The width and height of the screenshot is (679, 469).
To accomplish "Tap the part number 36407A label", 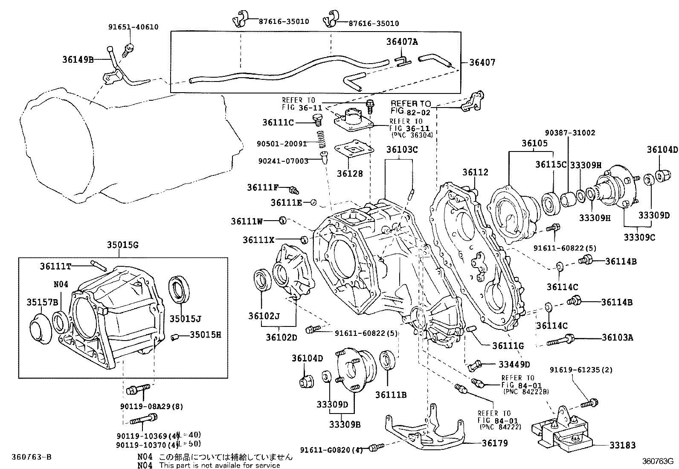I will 402,42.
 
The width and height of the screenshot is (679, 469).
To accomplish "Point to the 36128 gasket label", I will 350,174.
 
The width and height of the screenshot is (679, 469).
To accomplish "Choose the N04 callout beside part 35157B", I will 61,284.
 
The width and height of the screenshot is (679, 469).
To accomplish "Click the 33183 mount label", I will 622,446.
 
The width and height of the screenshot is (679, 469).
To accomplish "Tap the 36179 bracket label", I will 495,443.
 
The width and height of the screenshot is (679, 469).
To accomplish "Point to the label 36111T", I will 55,266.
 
